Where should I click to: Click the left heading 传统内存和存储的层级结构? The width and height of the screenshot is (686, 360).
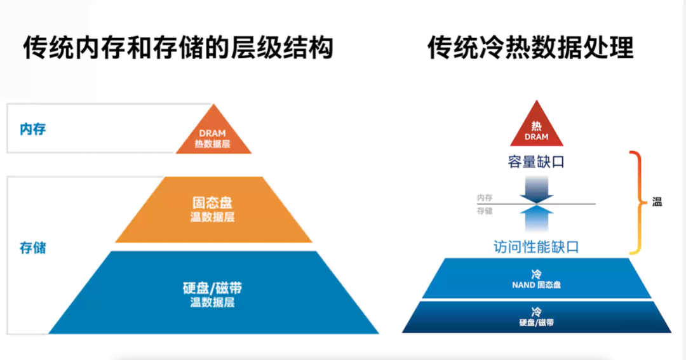178,48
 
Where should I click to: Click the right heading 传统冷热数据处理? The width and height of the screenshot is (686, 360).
530,48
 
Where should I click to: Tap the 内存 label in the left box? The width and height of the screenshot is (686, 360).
33,130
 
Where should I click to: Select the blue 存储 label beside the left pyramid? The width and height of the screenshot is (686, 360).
33,248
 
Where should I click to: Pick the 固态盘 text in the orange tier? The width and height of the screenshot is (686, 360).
212,203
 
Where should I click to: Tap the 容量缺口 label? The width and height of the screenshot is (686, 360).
536,162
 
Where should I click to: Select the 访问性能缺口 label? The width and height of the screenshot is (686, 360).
536,247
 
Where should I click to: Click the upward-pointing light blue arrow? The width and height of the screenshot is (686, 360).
537,218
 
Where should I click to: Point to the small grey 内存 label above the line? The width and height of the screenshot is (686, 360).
485,198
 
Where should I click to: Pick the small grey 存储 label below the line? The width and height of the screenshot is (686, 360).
485,211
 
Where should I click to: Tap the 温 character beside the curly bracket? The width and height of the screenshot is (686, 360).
657,203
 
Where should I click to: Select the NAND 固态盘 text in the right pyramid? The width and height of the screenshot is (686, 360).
537,285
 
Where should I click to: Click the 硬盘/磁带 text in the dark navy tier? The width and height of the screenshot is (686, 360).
537,323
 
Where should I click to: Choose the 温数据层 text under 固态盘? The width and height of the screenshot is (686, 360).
212,217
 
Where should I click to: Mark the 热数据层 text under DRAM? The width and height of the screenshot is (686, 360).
213,144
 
